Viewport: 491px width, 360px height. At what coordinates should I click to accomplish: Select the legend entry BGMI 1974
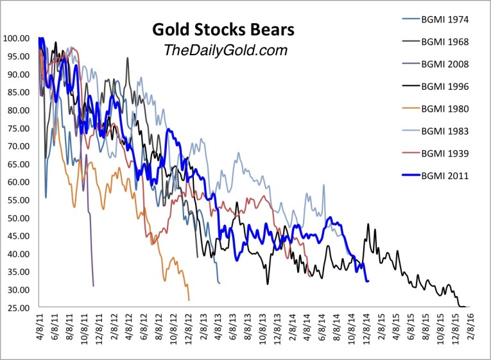point(447,19)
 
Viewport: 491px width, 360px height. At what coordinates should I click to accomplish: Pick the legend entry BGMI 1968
point(447,42)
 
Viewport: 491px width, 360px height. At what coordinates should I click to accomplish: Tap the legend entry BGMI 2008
point(447,64)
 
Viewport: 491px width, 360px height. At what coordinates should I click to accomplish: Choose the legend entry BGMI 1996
point(447,86)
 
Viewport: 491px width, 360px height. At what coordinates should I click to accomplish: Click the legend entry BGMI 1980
point(447,108)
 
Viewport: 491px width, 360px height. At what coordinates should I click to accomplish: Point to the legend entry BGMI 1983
point(447,130)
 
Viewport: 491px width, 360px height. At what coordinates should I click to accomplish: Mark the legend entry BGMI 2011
point(447,175)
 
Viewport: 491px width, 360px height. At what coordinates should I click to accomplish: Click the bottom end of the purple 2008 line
point(94,286)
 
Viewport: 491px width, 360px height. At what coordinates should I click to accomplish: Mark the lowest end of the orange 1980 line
point(189,300)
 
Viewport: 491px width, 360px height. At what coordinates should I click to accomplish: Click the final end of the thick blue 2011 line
point(368,281)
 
